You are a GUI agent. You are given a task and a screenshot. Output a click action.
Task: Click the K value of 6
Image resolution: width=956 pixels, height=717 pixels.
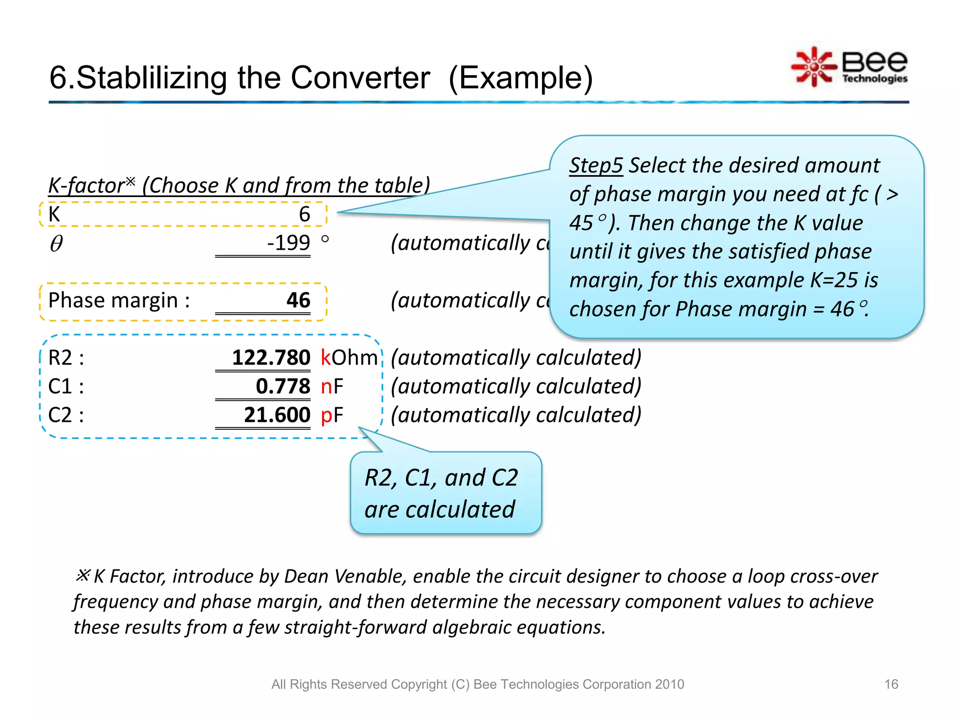pyautogui.click(x=304, y=215)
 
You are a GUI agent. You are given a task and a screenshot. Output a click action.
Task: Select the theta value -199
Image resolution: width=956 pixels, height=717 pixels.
pyautogui.click(x=288, y=243)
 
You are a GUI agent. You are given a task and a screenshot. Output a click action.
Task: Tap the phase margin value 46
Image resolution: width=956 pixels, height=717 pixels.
pyautogui.click(x=298, y=300)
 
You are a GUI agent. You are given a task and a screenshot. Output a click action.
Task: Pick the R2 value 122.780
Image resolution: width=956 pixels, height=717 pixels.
pyautogui.click(x=271, y=358)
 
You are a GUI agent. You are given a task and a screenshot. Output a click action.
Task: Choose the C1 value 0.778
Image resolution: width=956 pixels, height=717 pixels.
pyautogui.click(x=283, y=387)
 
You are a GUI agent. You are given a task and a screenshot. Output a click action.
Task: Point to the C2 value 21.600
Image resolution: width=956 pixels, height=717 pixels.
pyautogui.click(x=277, y=415)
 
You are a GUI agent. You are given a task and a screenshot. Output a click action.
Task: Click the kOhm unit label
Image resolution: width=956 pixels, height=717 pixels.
pyautogui.click(x=349, y=358)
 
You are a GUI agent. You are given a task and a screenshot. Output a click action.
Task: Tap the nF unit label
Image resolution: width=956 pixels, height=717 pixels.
pyautogui.click(x=332, y=387)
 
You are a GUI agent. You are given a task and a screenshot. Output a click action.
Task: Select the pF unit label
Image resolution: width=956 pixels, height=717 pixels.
pyautogui.click(x=332, y=415)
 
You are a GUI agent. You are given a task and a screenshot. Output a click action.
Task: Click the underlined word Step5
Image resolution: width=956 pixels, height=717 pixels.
pyautogui.click(x=596, y=166)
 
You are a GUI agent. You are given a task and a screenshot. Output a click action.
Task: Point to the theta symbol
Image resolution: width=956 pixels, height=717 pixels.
pyautogui.click(x=56, y=243)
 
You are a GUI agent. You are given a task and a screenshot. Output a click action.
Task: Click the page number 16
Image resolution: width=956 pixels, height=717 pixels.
pyautogui.click(x=891, y=684)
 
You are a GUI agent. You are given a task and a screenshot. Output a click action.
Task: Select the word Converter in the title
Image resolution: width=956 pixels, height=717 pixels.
pyautogui.click(x=360, y=78)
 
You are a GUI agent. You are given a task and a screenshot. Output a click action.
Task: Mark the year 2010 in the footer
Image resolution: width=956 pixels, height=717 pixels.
pyautogui.click(x=669, y=684)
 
